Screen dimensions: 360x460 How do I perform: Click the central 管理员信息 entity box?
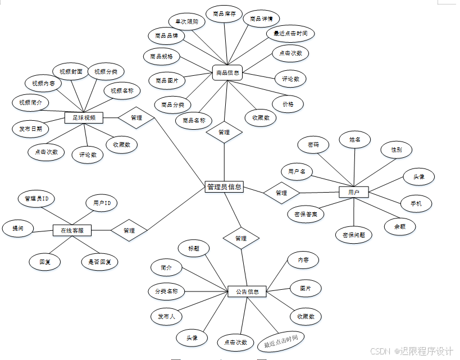tap(224, 187)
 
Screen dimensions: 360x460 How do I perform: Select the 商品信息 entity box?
tap(227, 72)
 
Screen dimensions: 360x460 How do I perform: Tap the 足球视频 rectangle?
tap(84, 118)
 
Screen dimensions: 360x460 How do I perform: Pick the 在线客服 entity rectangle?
tap(72, 230)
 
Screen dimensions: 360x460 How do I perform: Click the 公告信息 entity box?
tap(247, 291)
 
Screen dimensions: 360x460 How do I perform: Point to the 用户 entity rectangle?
tap(353, 192)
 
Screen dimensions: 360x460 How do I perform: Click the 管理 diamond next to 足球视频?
tap(136, 118)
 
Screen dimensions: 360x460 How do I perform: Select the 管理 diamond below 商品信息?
tap(224, 133)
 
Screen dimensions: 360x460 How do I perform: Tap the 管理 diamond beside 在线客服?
tap(129, 230)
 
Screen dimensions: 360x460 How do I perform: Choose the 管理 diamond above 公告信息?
tap(241, 238)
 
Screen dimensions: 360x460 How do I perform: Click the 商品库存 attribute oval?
tap(224, 14)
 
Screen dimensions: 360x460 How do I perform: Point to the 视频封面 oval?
tap(71, 72)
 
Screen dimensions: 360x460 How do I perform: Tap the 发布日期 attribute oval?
tap(31, 129)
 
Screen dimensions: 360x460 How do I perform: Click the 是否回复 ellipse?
tap(99, 262)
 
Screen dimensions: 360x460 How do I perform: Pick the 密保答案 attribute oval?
tap(306, 213)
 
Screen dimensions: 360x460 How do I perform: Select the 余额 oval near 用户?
tap(400, 226)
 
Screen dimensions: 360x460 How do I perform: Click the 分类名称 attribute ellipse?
tap(166, 291)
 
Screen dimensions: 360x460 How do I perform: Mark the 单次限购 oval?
tap(183, 21)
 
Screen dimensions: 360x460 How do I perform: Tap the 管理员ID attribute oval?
tap(36, 199)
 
